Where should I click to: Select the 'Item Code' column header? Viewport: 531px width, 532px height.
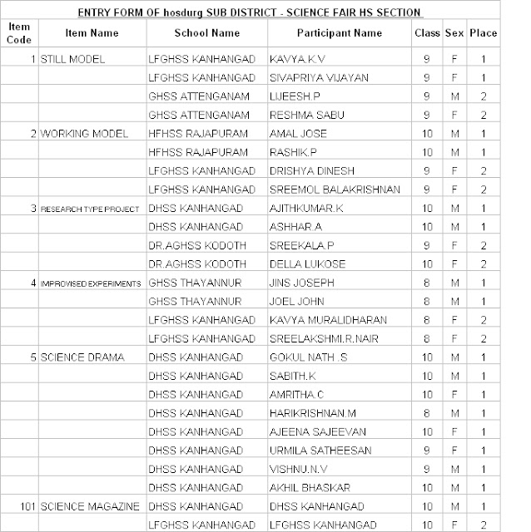(x=18, y=32)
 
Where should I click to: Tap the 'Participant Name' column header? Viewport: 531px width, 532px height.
(x=339, y=33)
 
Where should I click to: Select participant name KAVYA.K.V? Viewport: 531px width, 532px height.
(x=298, y=60)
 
